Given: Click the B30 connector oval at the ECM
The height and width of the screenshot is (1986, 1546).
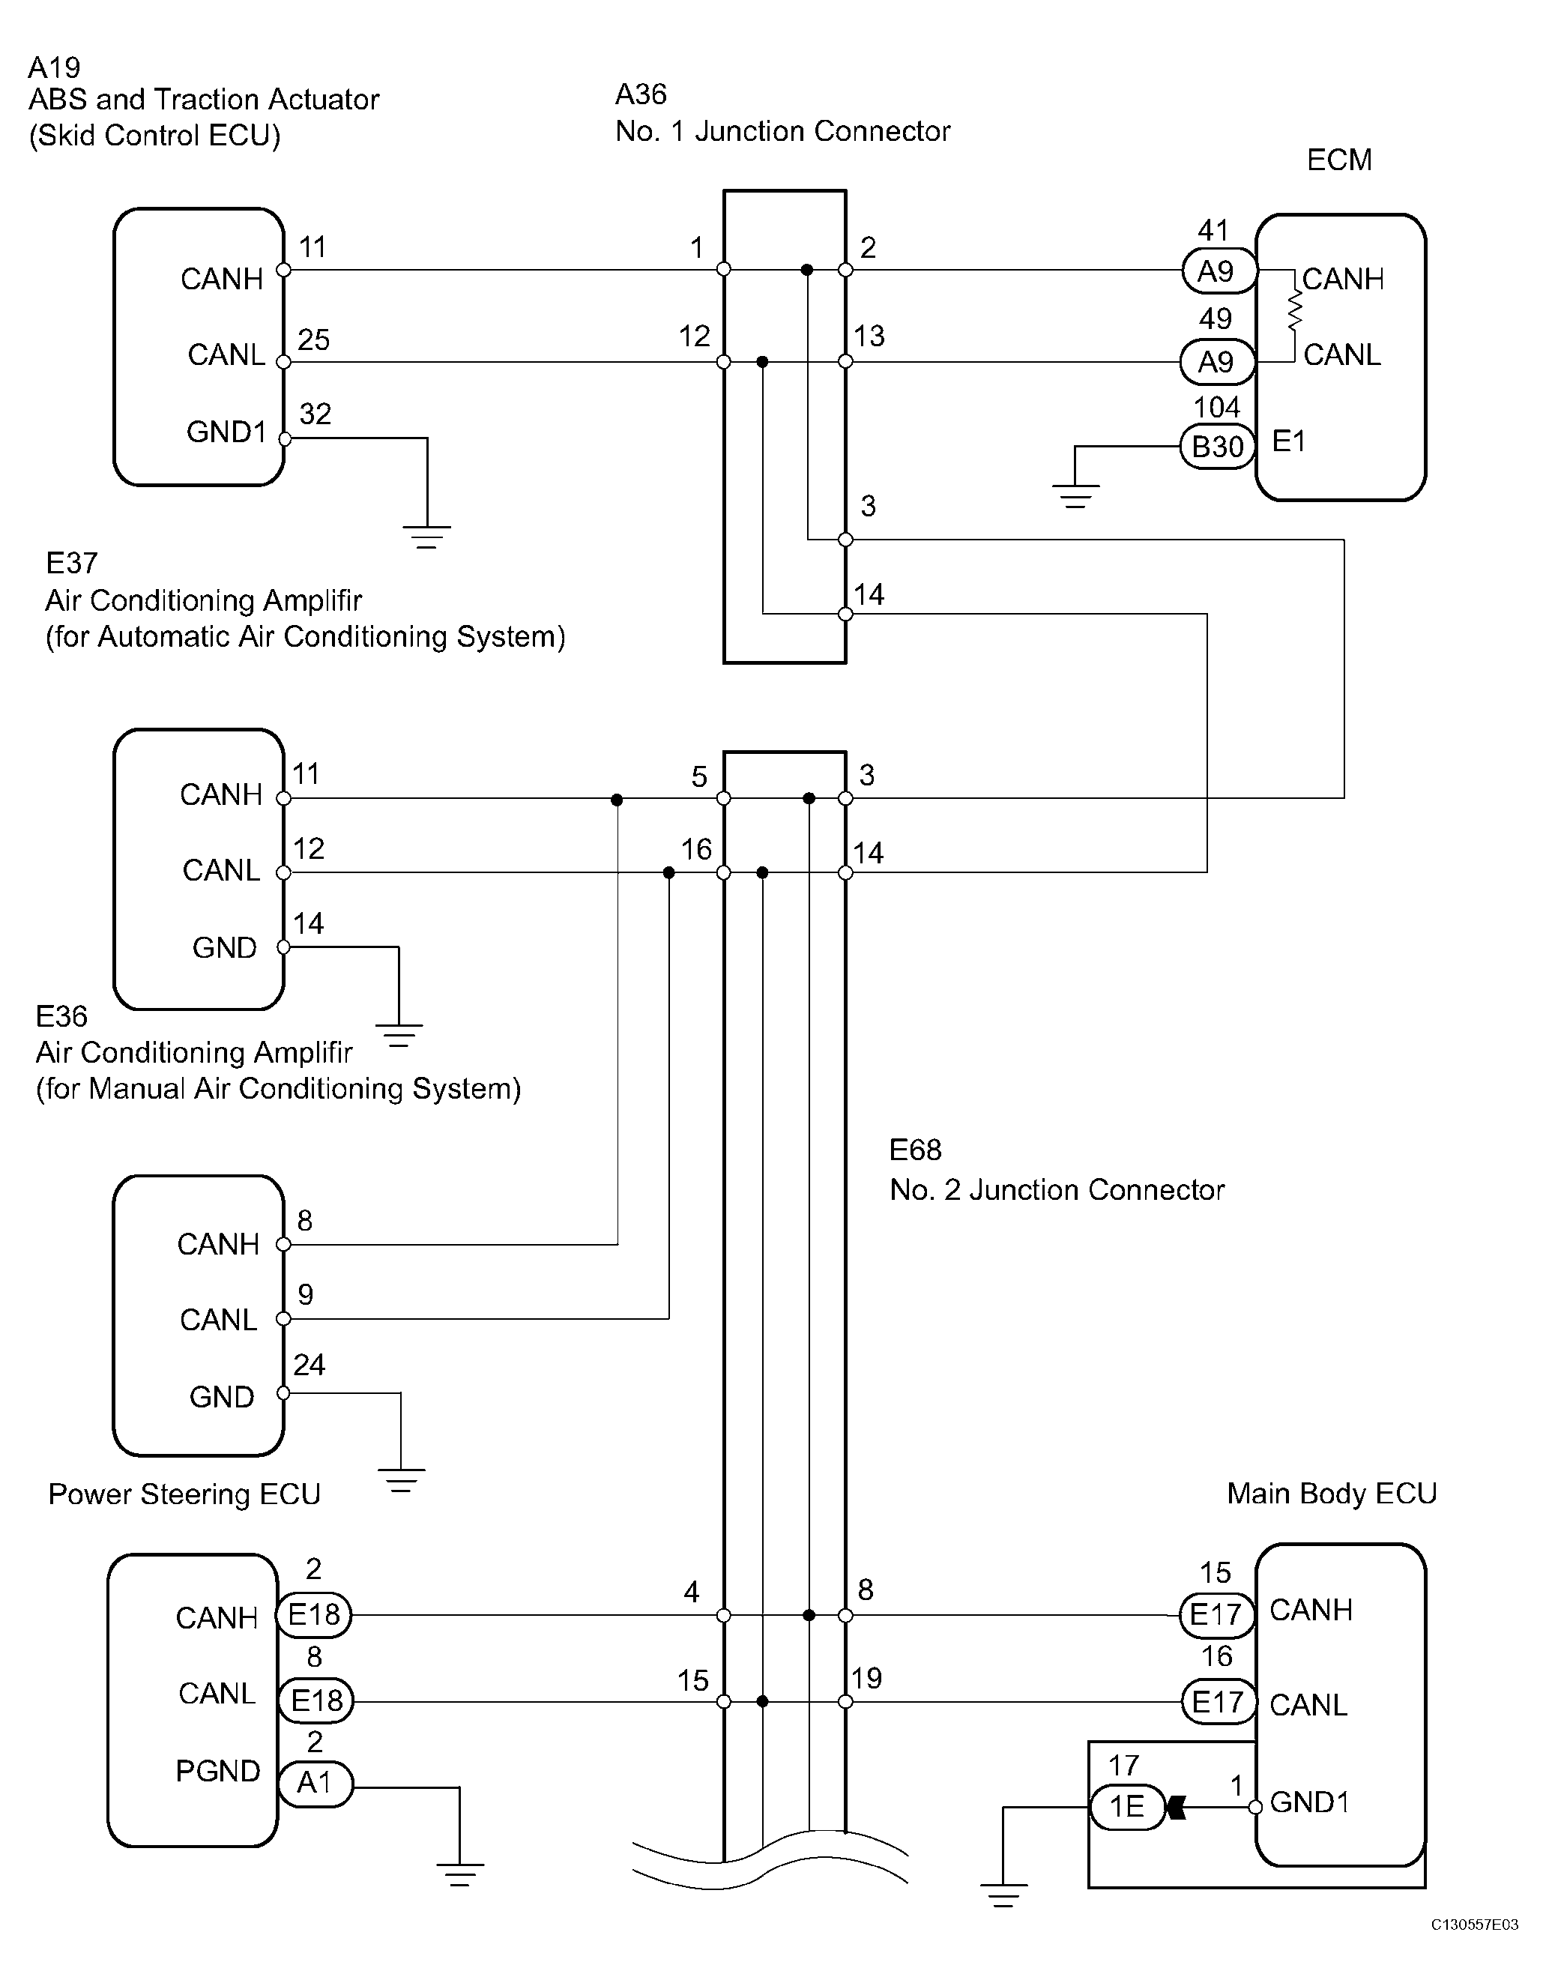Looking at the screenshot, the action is click(1218, 447).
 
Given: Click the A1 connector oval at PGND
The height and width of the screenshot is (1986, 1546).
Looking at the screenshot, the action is click(315, 1782).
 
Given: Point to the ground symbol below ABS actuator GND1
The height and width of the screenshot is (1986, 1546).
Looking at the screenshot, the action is click(426, 537).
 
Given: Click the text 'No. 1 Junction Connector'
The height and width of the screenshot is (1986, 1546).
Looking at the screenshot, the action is click(783, 131).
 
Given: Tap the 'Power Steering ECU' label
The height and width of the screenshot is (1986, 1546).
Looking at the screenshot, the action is click(184, 1494).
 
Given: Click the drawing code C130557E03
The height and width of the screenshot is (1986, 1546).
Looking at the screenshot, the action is click(1474, 1949).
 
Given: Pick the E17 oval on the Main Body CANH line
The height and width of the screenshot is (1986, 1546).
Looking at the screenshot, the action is click(1217, 1614).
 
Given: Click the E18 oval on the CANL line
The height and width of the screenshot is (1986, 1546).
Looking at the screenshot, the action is click(315, 1700).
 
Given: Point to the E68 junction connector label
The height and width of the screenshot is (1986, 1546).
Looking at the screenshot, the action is click(915, 1150).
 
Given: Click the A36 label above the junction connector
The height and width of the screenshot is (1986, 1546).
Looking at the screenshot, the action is click(641, 94).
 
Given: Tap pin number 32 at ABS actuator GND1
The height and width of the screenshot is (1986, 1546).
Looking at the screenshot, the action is click(315, 414).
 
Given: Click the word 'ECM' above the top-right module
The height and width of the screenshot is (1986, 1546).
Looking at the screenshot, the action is click(1338, 160).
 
